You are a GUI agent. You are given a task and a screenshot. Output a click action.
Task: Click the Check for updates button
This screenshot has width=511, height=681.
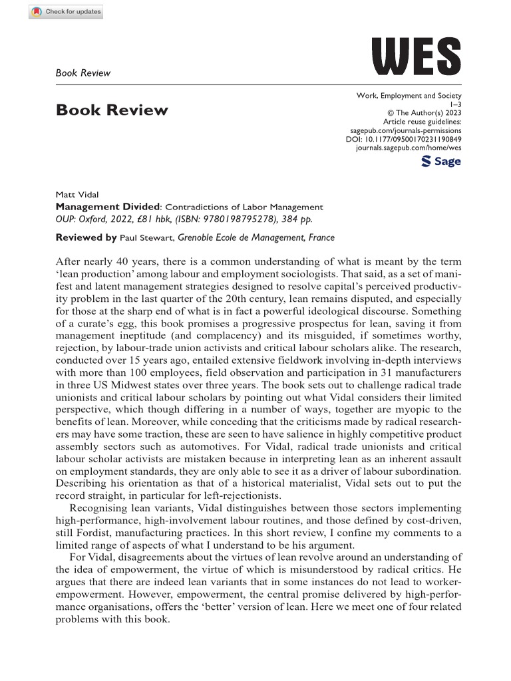click(x=66, y=12)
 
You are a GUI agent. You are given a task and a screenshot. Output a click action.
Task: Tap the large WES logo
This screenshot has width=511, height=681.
click(x=416, y=57)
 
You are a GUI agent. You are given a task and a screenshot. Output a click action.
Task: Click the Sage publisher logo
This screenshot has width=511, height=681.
click(x=442, y=162)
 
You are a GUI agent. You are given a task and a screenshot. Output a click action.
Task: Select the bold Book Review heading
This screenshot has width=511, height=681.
click(x=112, y=110)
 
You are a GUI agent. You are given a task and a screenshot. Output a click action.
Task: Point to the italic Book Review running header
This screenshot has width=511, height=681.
click(x=83, y=72)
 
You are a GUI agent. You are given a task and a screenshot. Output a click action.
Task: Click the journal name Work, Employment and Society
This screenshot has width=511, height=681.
click(x=409, y=96)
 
